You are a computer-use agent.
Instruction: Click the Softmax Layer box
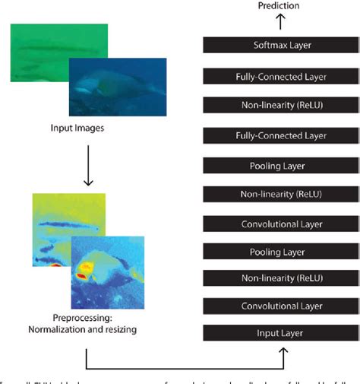tap(281, 45)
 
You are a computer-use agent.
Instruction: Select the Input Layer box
tap(281, 334)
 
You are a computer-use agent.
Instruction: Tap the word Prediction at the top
tap(279, 6)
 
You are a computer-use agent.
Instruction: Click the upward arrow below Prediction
tap(279, 21)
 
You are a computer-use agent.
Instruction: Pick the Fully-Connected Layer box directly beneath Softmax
tap(281, 76)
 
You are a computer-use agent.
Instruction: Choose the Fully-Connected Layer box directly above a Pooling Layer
tap(281, 135)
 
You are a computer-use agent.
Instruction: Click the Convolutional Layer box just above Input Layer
tap(281, 306)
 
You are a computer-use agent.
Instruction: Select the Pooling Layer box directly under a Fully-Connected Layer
tap(281, 165)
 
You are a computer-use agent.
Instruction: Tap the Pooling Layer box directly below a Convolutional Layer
tap(281, 251)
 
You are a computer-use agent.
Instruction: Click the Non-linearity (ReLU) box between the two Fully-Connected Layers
tap(281, 105)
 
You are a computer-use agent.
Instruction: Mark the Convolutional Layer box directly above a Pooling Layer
tap(281, 224)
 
